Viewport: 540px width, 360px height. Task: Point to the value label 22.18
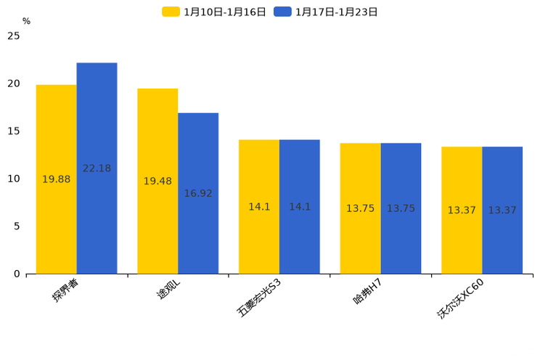97,168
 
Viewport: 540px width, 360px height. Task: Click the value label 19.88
56,179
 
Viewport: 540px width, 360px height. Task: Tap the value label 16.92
198,194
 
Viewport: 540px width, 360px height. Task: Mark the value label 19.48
157,181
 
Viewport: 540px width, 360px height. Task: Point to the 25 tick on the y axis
13,36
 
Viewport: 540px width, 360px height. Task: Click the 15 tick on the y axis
13,131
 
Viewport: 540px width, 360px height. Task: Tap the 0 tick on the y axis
17,274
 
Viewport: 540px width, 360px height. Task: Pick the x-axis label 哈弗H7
367,291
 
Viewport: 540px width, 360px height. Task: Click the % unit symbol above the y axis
26,21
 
